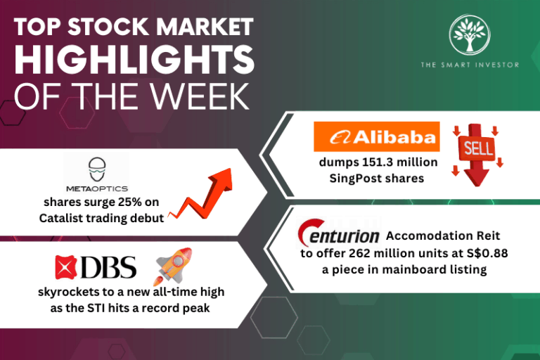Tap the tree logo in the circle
(x=470, y=34)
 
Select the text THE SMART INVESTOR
(x=470, y=65)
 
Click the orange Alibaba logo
(x=377, y=137)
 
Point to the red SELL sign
(x=477, y=155)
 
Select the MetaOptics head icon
(x=97, y=169)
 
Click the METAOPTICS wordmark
(x=97, y=188)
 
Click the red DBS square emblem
(x=66, y=267)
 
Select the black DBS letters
(x=108, y=267)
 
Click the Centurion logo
(x=338, y=233)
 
